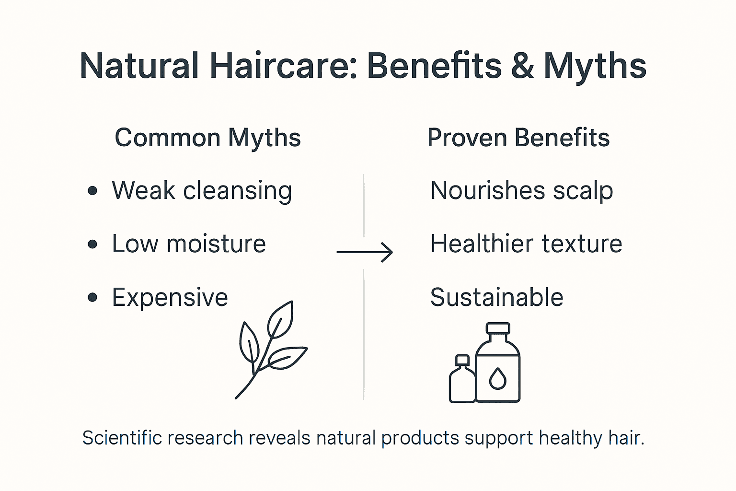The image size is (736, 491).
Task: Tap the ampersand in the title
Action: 522,66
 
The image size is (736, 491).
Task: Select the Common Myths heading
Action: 207,138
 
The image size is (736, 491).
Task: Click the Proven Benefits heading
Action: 518,138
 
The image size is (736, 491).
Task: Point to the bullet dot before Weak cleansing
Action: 93,191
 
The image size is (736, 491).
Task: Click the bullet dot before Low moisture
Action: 93,245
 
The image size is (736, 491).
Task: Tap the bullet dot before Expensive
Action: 93,298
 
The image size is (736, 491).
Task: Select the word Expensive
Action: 170,298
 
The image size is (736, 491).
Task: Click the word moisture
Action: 216,244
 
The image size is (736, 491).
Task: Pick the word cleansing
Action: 238,191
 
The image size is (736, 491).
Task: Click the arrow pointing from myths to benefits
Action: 365,252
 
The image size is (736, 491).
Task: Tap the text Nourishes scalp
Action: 521,191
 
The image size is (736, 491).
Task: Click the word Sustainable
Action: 496,297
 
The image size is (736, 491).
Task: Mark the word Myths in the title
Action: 595,66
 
